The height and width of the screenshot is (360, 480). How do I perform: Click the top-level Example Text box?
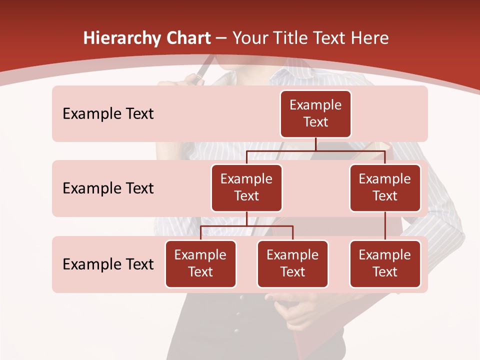click(315, 114)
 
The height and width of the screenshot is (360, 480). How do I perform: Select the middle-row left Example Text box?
click(246, 188)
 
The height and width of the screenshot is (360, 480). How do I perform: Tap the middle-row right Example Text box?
click(385, 188)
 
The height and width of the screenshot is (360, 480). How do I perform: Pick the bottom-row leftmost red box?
click(200, 264)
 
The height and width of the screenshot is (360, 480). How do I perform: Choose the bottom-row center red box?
click(292, 264)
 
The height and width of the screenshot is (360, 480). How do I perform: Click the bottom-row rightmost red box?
click(385, 264)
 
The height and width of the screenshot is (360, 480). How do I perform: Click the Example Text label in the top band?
click(108, 114)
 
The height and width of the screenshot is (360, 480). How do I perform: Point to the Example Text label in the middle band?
click(108, 188)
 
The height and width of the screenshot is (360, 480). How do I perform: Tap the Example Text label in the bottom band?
click(108, 264)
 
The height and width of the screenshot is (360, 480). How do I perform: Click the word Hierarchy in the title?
click(121, 38)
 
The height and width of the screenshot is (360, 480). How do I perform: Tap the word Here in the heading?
click(370, 38)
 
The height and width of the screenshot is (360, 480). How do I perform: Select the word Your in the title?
click(250, 38)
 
